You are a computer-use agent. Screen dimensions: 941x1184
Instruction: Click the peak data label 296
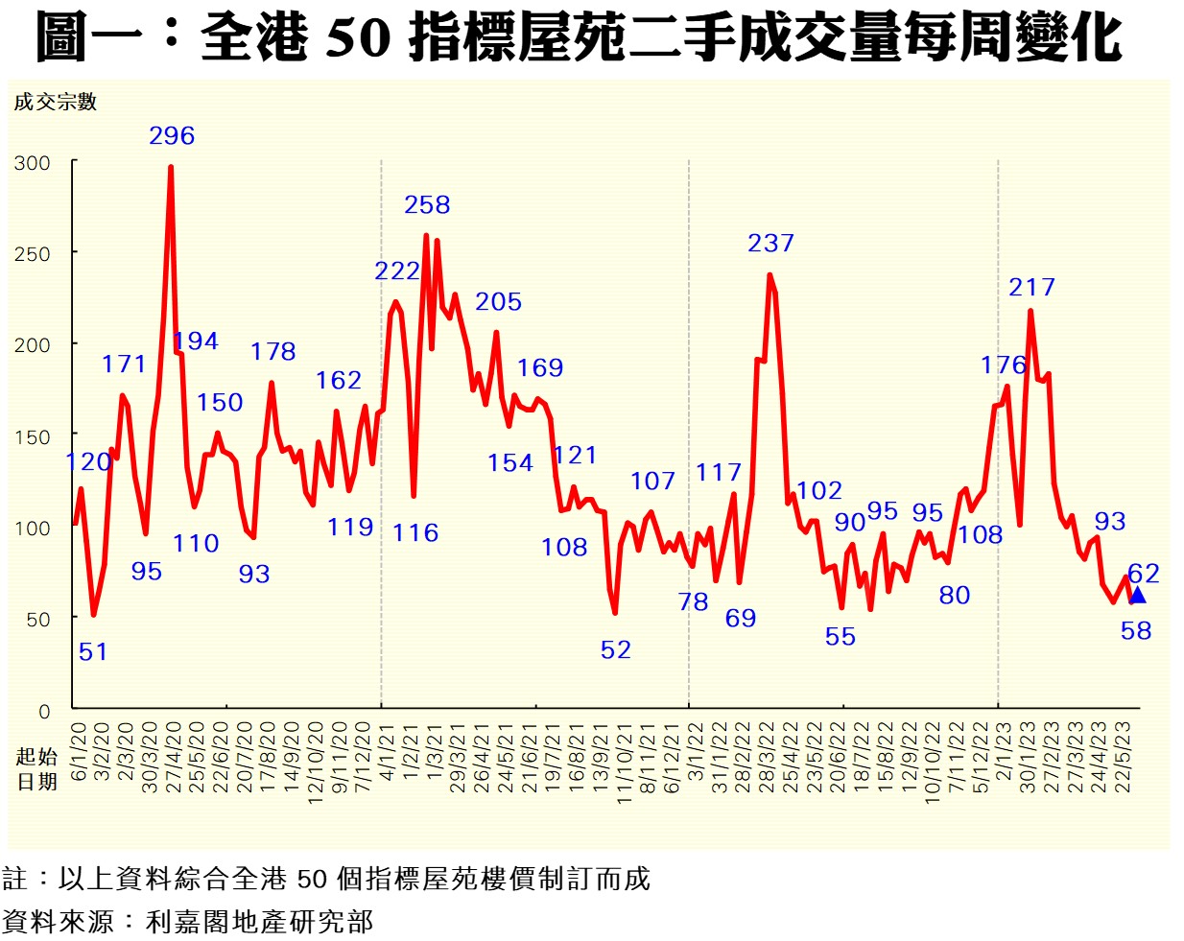pos(172,136)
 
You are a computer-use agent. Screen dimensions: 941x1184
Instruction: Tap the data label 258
pos(427,205)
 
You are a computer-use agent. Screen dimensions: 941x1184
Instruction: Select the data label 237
pos(770,244)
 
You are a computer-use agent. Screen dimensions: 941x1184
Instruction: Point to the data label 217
pos(1031,288)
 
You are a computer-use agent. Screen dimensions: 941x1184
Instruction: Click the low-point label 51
pos(93,652)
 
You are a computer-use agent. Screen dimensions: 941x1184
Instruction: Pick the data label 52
pos(616,650)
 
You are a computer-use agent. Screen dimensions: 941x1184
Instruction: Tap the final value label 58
pos(1136,631)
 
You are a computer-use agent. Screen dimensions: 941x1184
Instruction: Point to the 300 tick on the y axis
pos(32,163)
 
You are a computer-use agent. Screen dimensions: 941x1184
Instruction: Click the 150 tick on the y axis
pos(32,437)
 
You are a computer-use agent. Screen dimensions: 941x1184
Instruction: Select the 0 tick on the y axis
pos(44,712)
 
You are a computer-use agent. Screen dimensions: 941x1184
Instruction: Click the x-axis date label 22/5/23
pos(1123,757)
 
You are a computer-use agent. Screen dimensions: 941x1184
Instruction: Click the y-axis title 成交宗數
pos(56,103)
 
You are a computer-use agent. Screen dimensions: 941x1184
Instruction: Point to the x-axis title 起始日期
pos(36,769)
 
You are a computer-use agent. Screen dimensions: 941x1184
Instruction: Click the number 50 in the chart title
pos(358,38)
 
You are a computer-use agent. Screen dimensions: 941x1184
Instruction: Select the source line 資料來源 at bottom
pos(187,923)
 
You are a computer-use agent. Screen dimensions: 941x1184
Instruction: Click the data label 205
pos(498,302)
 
